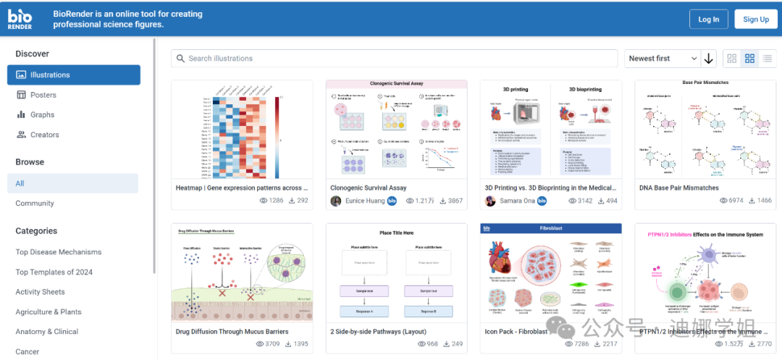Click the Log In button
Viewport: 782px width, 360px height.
(708, 20)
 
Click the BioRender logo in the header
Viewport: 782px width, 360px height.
(20, 20)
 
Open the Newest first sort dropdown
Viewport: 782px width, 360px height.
(663, 59)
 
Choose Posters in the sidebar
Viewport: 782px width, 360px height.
(43, 95)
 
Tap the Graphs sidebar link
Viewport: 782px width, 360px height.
(42, 114)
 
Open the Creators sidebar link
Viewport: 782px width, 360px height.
(44, 135)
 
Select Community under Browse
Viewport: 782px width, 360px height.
(35, 204)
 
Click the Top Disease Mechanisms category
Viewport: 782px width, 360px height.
(59, 252)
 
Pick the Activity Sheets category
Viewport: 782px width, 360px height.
(41, 292)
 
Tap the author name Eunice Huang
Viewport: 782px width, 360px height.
(365, 201)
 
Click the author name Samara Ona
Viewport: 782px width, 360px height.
(516, 201)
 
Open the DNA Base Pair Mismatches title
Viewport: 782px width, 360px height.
(678, 188)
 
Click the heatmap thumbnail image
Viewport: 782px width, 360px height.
(242, 130)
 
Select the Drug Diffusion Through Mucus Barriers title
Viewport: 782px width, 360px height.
(232, 332)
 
